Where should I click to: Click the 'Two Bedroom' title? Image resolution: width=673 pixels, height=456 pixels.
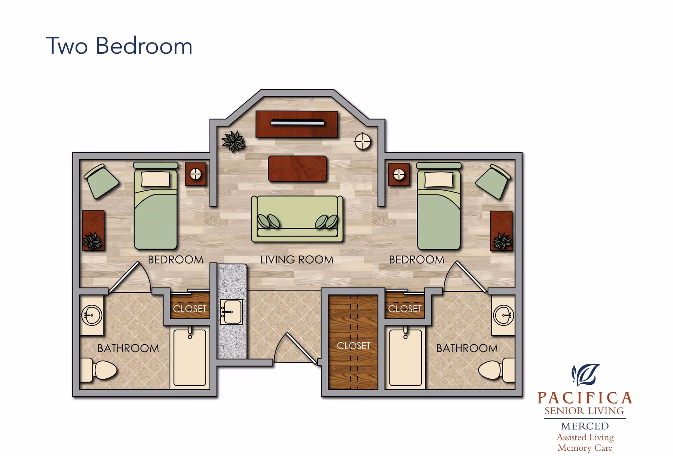pyautogui.click(x=119, y=46)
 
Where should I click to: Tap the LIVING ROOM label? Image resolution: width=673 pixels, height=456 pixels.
pyautogui.click(x=297, y=260)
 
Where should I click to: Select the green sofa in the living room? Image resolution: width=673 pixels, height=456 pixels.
pyautogui.click(x=297, y=218)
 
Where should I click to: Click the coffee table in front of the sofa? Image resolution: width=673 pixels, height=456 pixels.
pyautogui.click(x=297, y=169)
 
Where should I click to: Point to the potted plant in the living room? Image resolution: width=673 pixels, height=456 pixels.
pyautogui.click(x=233, y=141)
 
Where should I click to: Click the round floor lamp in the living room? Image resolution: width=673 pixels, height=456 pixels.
pyautogui.click(x=362, y=142)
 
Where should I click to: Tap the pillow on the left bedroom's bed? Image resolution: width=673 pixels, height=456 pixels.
pyautogui.click(x=155, y=179)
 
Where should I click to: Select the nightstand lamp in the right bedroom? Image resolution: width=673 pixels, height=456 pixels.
pyautogui.click(x=399, y=174)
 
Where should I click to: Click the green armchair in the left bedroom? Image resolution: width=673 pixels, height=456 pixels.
pyautogui.click(x=102, y=181)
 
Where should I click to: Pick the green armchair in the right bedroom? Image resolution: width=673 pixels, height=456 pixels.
pyautogui.click(x=493, y=181)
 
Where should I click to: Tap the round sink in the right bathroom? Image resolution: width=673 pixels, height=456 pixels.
pyautogui.click(x=503, y=315)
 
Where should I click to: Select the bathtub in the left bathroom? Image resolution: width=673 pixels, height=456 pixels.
pyautogui.click(x=190, y=357)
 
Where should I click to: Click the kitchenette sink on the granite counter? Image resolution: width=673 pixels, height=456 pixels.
pyautogui.click(x=231, y=312)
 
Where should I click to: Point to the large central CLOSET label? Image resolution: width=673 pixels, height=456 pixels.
pyautogui.click(x=353, y=346)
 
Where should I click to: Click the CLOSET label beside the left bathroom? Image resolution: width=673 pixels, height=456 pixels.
pyautogui.click(x=190, y=309)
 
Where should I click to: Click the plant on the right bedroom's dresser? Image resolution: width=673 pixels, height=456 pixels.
pyautogui.click(x=502, y=242)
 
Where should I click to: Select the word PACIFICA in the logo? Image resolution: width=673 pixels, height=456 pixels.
pyautogui.click(x=585, y=398)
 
